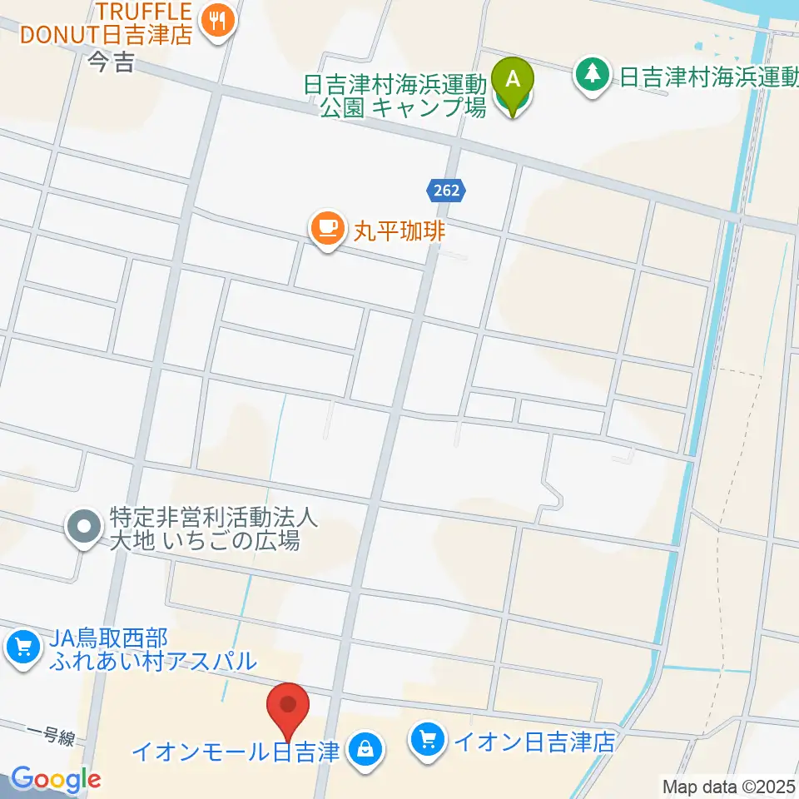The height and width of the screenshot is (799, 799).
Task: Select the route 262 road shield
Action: [x=446, y=191]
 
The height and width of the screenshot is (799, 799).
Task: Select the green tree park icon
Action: [x=593, y=77]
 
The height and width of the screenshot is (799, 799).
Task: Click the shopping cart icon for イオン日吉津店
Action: [x=429, y=740]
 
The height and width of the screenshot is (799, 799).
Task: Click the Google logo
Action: [x=56, y=779]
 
